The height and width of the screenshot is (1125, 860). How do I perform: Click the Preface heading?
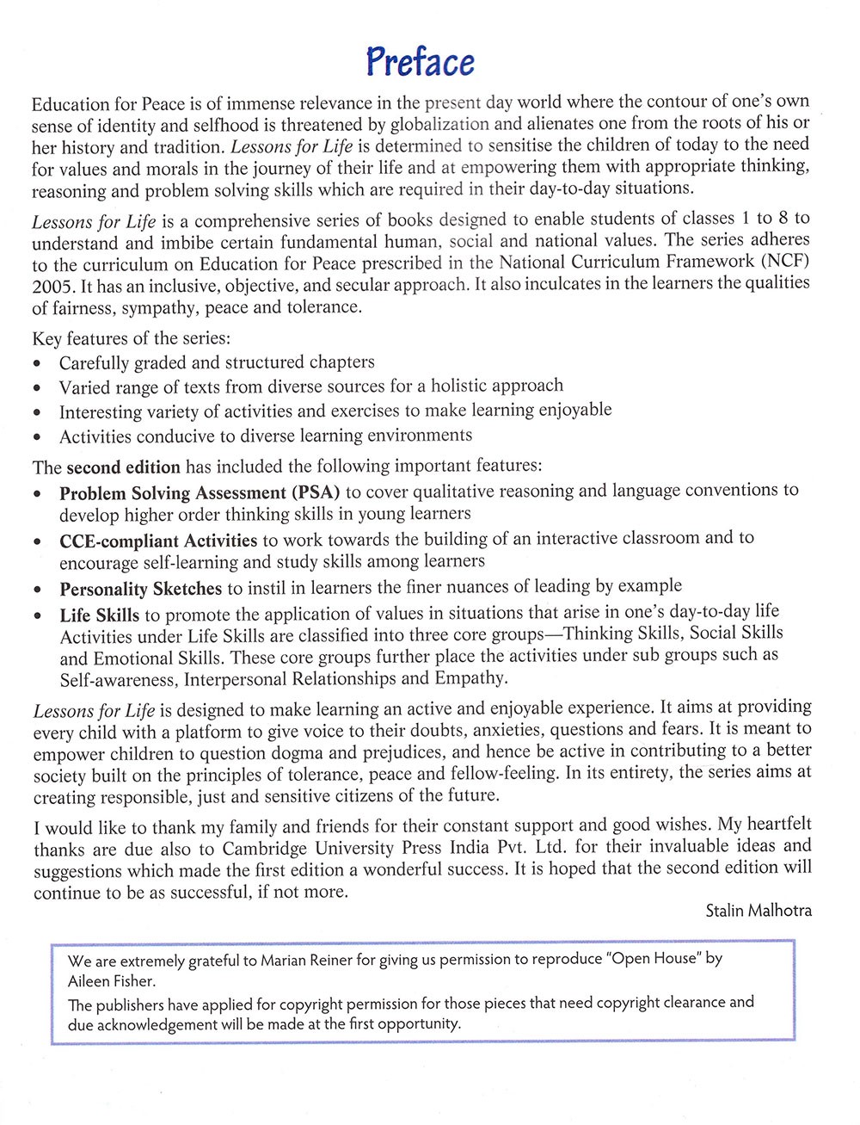(x=420, y=62)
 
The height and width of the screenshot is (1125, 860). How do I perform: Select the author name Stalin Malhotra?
(x=758, y=910)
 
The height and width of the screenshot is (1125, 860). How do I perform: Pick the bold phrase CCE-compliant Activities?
(x=158, y=541)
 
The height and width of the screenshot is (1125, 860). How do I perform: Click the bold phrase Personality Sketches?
(x=141, y=590)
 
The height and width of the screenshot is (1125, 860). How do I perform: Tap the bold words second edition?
(x=123, y=467)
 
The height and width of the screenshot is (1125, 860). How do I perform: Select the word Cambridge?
(x=265, y=848)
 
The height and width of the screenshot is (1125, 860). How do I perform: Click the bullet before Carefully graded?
(x=38, y=365)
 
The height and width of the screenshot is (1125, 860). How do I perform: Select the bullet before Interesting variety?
(x=38, y=414)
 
